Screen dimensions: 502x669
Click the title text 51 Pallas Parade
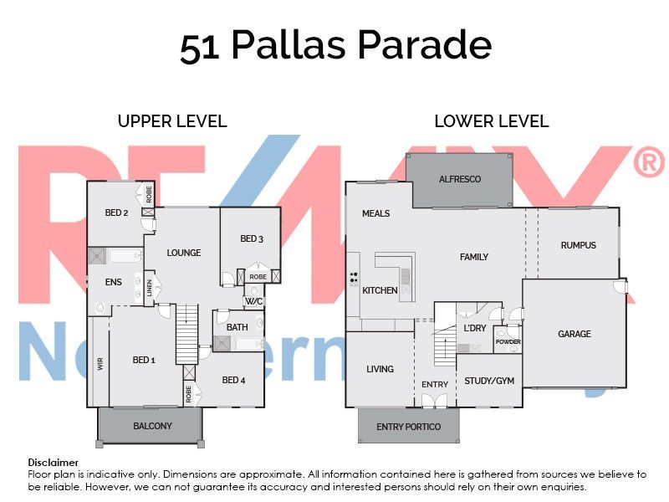335,46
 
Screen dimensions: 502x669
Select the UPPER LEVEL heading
172,121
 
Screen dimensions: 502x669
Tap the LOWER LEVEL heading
491,121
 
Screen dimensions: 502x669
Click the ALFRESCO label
460,180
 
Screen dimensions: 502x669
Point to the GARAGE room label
575,334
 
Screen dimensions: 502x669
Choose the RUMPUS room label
578,245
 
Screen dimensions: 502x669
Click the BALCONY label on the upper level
153,426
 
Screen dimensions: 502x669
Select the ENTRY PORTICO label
409,427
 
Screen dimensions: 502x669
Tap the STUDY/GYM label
489,380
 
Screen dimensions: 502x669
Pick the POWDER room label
508,342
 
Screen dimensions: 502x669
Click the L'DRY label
474,328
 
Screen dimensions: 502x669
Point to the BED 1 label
144,360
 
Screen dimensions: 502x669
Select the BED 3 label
252,238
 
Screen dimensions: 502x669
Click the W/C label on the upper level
254,301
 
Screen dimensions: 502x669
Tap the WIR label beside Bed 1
99,365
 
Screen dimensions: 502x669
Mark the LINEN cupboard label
151,287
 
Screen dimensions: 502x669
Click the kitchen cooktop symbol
354,278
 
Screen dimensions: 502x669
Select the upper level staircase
186,333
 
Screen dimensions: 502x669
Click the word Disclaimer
54,462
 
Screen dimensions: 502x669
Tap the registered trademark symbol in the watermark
648,163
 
